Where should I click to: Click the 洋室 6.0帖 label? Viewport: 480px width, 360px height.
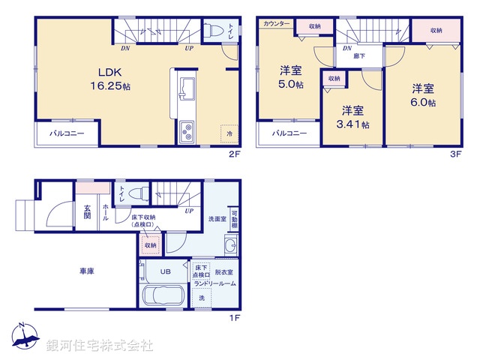pos(423,96)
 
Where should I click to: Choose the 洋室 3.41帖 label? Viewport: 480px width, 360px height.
pos(355,116)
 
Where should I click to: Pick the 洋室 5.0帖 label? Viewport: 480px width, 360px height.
pos(292,78)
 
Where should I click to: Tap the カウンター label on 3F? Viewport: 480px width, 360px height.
pos(276,25)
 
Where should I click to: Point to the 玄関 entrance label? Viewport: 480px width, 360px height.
pos(87,211)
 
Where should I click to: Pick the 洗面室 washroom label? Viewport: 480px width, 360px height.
pos(217,218)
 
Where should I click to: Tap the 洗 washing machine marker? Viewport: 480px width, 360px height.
pos(202,299)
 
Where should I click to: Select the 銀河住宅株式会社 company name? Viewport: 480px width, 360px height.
pos(99,346)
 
